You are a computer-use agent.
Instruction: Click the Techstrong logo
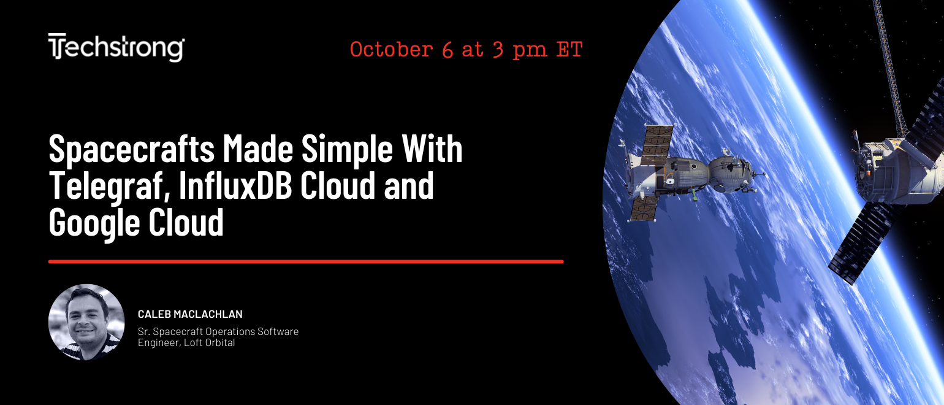[x=116, y=47]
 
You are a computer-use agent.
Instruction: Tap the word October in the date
[x=392, y=50]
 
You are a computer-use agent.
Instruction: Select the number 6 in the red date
[x=447, y=50]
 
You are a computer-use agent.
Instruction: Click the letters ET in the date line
[x=569, y=49]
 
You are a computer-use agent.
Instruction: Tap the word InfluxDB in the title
[x=235, y=185]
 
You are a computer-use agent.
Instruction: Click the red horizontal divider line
[x=306, y=261]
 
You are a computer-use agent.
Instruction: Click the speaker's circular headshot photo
[x=86, y=322]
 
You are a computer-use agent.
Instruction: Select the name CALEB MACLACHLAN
[x=190, y=314]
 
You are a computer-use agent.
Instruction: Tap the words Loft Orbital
[x=210, y=342]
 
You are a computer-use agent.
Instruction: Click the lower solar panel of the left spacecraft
[x=642, y=209]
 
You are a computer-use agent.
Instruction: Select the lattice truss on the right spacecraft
[x=890, y=67]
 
